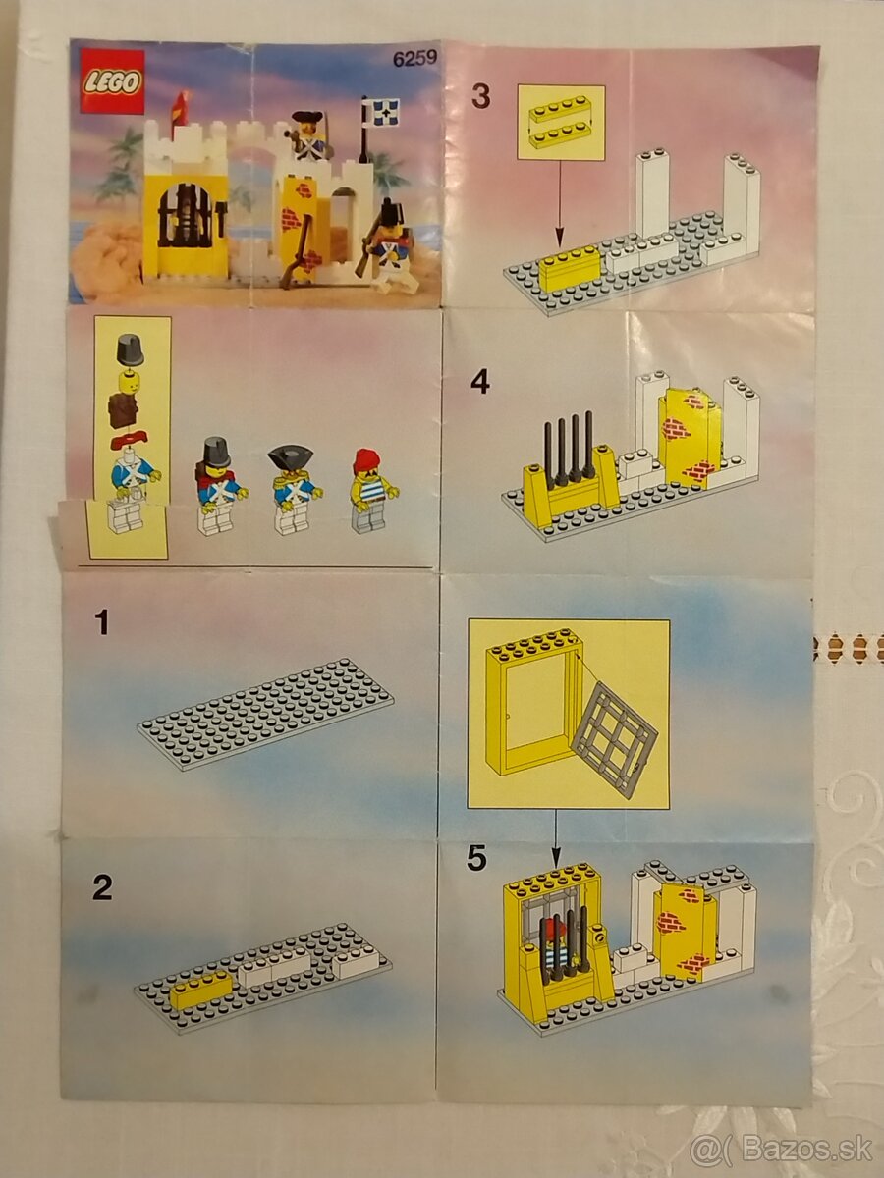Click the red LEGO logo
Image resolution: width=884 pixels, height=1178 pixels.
pos(113,82)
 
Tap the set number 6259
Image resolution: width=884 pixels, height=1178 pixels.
pos(414,58)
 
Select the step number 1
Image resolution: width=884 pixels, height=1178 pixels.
pos(101,622)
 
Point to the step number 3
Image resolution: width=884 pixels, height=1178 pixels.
pos(481,96)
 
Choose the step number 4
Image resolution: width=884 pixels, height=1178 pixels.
pos(480,383)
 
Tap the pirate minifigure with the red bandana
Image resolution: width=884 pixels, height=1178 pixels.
pos(372,491)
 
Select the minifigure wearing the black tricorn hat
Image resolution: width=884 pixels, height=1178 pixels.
pos(294,490)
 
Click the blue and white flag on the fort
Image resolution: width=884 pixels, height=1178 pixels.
pos(381,112)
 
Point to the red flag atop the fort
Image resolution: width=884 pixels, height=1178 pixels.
pos(181,109)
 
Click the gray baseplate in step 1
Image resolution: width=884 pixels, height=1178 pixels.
pos(265,715)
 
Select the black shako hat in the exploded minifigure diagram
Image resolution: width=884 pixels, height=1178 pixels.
pos(131,348)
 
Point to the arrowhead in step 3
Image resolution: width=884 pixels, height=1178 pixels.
pos(559,237)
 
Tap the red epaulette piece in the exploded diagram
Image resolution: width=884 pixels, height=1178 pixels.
pos(131,440)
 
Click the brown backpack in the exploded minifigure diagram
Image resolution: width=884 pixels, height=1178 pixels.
pos(125,408)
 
